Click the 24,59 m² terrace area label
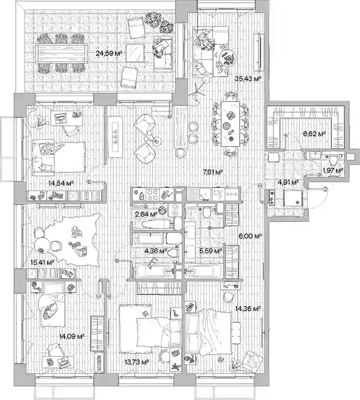109,53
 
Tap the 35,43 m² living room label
248,78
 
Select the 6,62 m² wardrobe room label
315,134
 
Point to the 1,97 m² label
333,170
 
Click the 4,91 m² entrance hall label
288,182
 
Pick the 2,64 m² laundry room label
146,214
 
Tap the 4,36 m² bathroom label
156,251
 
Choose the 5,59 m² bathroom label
211,251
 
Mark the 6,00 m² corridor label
250,236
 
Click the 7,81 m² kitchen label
213,172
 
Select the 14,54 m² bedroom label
61,183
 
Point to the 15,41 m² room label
42,262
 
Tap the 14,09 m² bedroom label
72,336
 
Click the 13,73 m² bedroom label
137,362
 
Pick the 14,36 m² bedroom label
248,309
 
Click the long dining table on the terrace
61,53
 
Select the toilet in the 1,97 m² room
333,160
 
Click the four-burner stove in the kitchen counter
153,194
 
